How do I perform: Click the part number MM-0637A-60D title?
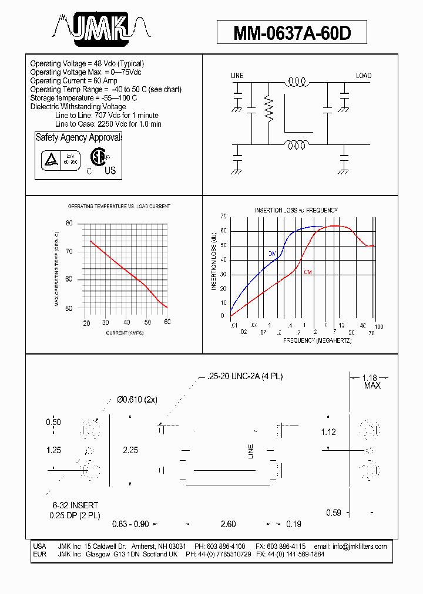pyautogui.click(x=292, y=33)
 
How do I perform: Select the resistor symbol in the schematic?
pyautogui.click(x=269, y=109)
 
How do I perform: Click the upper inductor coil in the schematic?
pyautogui.click(x=297, y=84)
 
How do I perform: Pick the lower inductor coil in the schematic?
pyautogui.click(x=297, y=145)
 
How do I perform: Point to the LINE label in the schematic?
pyautogui.click(x=237, y=76)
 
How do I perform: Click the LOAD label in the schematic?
pyautogui.click(x=364, y=76)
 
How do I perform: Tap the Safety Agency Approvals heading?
pyautogui.click(x=79, y=137)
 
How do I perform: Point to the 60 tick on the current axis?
pyautogui.click(x=167, y=322)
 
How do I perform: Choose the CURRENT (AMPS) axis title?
pyautogui.click(x=125, y=333)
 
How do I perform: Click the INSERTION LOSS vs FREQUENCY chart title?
pyautogui.click(x=296, y=210)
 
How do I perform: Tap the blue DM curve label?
pyautogui.click(x=272, y=253)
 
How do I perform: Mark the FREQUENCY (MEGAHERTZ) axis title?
pyautogui.click(x=317, y=340)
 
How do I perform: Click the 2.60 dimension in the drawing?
pyautogui.click(x=229, y=524)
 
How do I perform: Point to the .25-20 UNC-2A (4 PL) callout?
pyautogui.click(x=245, y=376)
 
